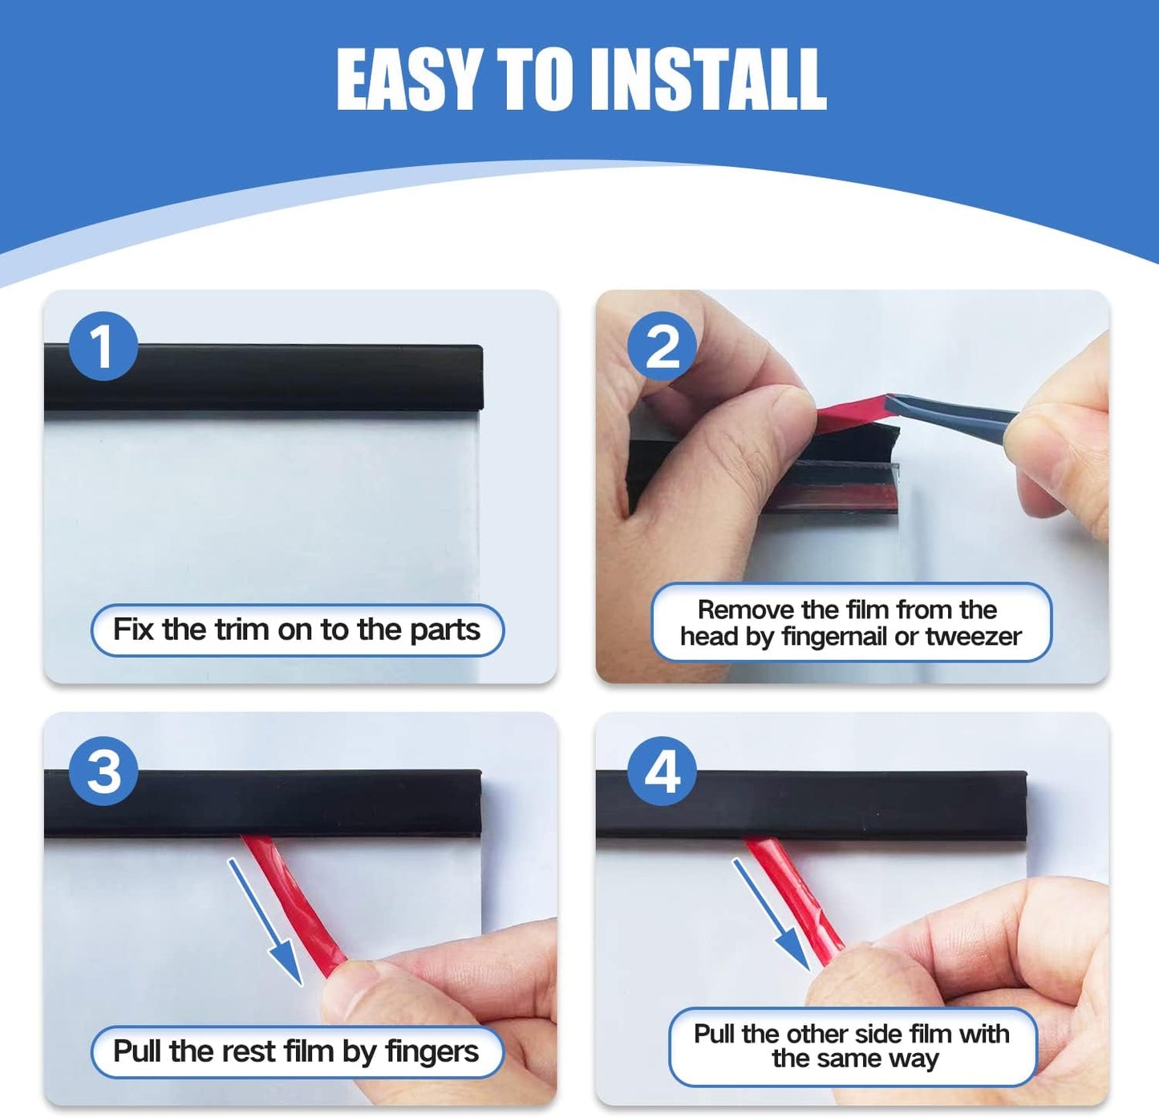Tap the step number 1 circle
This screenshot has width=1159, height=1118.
103,346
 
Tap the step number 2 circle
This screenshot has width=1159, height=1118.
663,346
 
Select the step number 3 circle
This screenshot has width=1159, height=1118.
103,771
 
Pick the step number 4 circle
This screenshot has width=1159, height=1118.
663,771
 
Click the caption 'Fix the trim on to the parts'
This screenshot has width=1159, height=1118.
297,630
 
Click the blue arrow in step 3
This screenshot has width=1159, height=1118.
265,922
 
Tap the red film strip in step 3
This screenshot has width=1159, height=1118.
293,905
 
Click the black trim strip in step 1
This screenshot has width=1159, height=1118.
263,377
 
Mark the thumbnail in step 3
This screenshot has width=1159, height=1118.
351,992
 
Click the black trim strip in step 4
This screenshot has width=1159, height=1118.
811,804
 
